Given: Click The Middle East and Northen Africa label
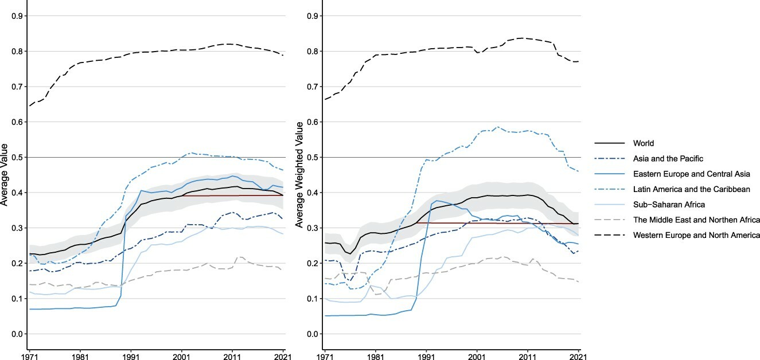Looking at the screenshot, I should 696,220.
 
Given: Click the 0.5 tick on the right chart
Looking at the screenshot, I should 312,158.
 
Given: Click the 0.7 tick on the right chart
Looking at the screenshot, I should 312,87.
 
